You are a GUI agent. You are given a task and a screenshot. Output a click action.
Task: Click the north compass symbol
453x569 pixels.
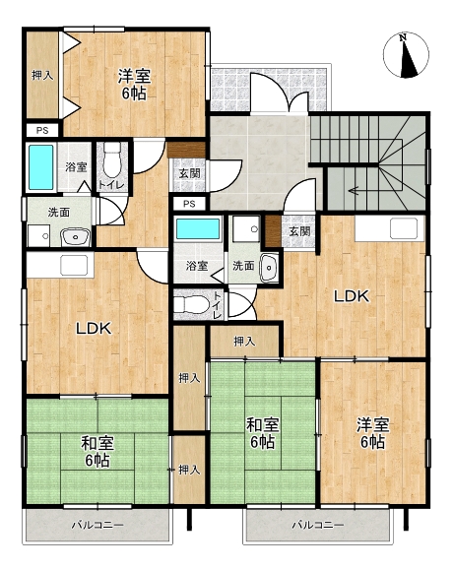tap(406, 55)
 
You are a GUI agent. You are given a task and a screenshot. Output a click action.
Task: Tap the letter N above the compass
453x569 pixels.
tap(403, 37)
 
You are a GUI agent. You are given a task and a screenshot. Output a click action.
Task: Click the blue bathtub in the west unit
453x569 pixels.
tap(40, 167)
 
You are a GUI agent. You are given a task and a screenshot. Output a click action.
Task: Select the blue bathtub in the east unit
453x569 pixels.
tap(198, 228)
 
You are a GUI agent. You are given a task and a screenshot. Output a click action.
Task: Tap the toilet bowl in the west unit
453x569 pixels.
tap(112, 159)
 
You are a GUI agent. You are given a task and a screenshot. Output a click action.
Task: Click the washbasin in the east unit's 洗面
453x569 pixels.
tap(269, 268)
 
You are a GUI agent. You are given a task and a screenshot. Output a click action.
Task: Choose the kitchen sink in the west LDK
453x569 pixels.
tap(74, 265)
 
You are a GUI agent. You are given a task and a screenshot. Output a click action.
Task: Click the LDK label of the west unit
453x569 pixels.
tap(94, 329)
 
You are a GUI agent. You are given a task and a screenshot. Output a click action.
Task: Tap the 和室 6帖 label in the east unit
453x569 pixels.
tap(262, 433)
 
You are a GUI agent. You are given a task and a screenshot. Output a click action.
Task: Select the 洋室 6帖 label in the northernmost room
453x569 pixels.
tap(134, 85)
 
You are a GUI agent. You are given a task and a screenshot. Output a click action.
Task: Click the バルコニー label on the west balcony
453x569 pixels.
tap(97, 525)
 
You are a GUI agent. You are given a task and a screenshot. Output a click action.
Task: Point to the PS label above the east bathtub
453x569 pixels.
tap(189, 204)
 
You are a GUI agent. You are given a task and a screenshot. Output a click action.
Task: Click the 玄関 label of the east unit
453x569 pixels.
tap(299, 231)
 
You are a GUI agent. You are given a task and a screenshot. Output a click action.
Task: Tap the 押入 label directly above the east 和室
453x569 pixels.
tap(244, 342)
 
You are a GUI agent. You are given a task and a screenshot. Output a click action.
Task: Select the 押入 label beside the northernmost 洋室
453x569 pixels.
tap(42, 75)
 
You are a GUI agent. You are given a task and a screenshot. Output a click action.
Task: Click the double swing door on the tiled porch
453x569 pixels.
tap(280, 93)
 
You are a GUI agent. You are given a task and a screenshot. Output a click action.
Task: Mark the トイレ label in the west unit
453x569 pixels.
tap(111, 185)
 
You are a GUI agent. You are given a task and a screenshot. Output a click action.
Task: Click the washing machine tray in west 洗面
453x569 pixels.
tap(38, 236)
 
